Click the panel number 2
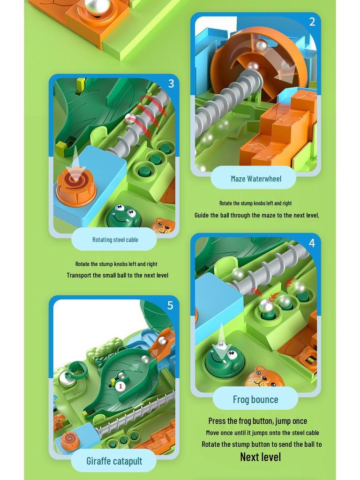312,22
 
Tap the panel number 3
171,84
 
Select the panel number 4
312,243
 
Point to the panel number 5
170,306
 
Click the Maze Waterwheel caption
256,179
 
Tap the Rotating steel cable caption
115,240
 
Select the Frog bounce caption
255,399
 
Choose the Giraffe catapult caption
114,461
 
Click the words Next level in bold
260,457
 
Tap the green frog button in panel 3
124,216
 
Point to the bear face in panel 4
264,378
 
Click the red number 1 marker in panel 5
120,386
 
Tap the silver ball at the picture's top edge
97,7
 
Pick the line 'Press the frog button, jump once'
258,421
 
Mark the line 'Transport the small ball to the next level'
117,275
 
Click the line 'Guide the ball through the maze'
257,215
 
